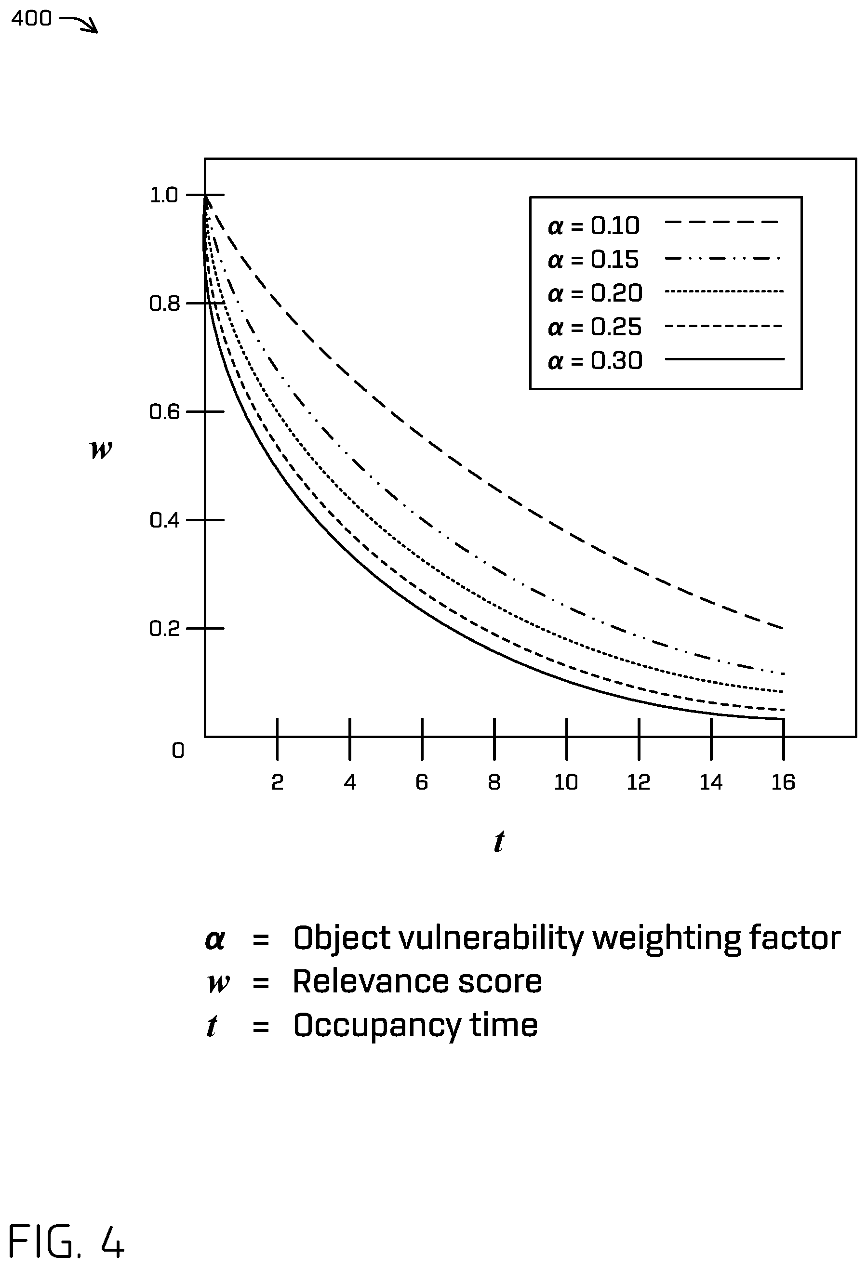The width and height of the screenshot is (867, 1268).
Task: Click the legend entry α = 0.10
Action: [593, 226]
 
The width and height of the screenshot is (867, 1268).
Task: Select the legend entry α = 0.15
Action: [593, 260]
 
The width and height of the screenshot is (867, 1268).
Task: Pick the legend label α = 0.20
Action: [595, 293]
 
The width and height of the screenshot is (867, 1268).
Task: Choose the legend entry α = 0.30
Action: [595, 361]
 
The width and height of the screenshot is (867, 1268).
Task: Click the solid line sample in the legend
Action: [724, 359]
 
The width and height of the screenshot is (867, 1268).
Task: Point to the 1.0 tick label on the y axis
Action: [164, 195]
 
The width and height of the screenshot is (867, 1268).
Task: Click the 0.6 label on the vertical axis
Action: [164, 412]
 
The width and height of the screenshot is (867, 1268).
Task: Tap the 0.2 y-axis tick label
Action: [164, 629]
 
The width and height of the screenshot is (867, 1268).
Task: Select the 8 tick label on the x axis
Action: [494, 782]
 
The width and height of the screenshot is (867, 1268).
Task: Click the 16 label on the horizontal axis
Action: [784, 782]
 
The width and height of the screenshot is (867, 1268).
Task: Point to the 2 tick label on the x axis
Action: [277, 782]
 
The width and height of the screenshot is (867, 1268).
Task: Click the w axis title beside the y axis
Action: [101, 449]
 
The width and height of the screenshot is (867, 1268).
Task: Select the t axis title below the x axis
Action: [499, 841]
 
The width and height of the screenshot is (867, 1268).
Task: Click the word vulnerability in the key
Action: [491, 939]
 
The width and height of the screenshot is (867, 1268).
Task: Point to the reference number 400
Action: [32, 19]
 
